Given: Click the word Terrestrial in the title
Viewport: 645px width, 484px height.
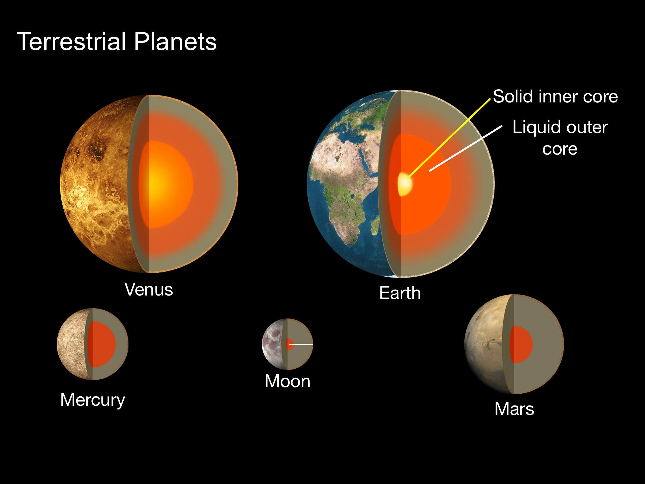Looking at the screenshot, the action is (71, 41).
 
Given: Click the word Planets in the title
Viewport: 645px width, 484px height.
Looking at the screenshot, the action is (175, 41).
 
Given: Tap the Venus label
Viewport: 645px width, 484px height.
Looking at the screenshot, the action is (149, 289).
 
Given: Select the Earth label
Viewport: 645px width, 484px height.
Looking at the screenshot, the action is (400, 293).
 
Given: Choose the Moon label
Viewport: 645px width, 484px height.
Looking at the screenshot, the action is (288, 381).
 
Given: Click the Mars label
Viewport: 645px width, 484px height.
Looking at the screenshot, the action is (514, 409).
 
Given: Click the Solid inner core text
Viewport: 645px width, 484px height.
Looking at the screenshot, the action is (556, 96).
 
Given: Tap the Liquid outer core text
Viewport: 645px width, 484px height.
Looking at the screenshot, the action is (560, 138).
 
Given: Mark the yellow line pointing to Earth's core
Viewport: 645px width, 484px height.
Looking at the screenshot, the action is (449, 138).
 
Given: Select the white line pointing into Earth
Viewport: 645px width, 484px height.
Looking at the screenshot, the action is (466, 148).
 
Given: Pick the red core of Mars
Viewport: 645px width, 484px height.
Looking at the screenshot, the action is (521, 344).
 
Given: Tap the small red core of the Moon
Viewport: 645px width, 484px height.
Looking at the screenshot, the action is (289, 344).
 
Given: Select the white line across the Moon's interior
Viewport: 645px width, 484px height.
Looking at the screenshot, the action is (301, 344).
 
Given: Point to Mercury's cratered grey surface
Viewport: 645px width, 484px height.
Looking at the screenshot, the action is (71, 344).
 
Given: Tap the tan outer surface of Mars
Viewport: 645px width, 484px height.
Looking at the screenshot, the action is (484, 344).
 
